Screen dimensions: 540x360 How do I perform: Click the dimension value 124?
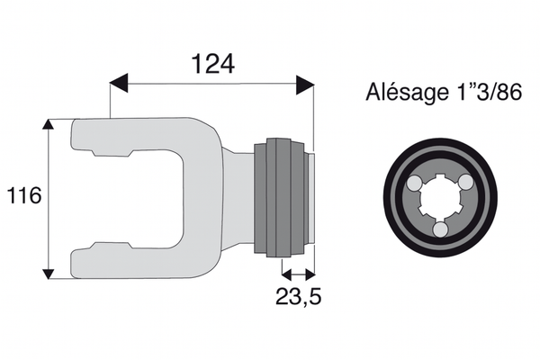point(212,64)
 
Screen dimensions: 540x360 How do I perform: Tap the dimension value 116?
point(23,195)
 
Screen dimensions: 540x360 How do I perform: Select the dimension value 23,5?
point(298,296)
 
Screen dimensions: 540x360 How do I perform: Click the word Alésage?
point(405,93)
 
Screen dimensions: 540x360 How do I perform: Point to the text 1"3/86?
point(486,92)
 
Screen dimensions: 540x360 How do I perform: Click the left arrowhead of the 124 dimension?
point(119,84)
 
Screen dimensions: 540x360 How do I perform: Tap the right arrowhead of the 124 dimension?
point(305,85)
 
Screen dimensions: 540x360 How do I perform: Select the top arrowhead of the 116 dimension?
point(49,125)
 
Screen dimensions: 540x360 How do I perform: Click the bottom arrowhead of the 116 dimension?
point(49,274)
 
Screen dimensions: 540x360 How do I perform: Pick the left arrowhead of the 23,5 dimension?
point(287,274)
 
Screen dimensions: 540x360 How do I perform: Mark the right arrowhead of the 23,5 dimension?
point(310,274)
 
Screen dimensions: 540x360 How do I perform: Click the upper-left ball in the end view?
point(414,183)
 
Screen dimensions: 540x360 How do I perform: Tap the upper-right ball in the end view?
point(466,182)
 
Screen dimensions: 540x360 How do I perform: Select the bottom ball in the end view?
point(440,229)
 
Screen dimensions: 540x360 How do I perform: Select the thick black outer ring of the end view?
point(440,198)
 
